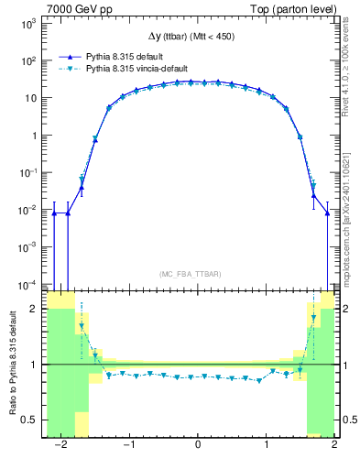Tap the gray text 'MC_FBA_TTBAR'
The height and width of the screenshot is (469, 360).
[190, 274]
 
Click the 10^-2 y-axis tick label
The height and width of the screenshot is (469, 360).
[27, 210]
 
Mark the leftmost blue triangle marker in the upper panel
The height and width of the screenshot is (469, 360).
[54, 213]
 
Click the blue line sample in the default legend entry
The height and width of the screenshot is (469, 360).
[63, 56]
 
